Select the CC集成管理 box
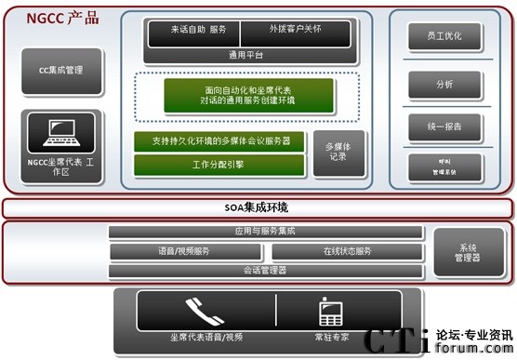[61, 70]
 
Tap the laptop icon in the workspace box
[61, 133]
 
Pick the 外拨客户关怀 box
[295, 31]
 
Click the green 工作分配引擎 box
[218, 165]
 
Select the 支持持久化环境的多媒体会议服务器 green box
[218, 140]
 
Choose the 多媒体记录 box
[337, 153]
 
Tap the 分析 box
[444, 84]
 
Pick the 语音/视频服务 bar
[187, 252]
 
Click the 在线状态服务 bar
[347, 252]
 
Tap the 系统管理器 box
[469, 252]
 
